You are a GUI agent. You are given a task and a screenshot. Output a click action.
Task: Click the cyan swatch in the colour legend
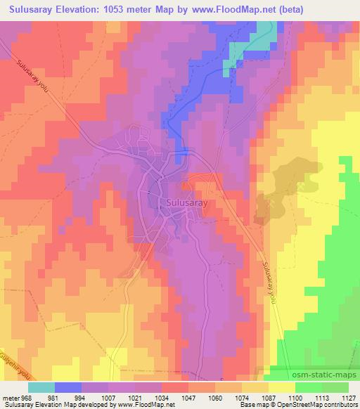[41, 387]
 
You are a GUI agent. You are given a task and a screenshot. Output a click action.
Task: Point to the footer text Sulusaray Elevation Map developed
[53, 405]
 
